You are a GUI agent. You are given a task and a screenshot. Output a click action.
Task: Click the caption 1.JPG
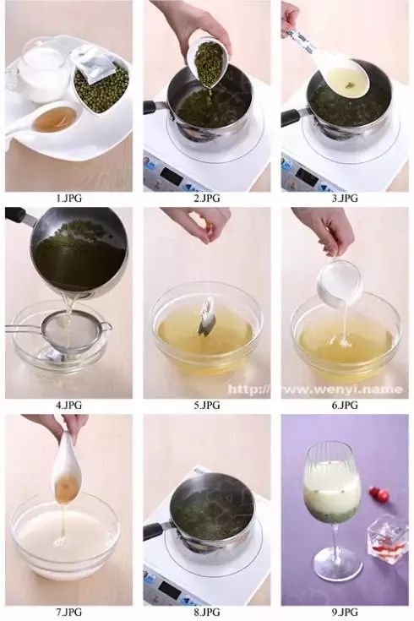tap(69, 198)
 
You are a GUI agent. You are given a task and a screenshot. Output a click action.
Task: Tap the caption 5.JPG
tap(207, 405)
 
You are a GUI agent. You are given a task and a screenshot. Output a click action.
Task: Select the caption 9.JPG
tap(345, 612)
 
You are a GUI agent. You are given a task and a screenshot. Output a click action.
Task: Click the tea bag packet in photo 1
tap(93, 63)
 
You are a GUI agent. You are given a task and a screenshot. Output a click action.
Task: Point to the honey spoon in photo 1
tap(44, 119)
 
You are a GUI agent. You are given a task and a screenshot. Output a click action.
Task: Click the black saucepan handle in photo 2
tap(157, 107)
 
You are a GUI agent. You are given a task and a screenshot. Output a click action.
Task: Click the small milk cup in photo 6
tap(339, 284)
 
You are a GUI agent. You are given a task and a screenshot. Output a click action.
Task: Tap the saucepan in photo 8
tap(206, 511)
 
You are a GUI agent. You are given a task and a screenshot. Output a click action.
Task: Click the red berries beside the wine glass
tap(379, 493)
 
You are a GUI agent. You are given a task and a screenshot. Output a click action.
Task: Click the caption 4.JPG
tap(69, 405)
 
